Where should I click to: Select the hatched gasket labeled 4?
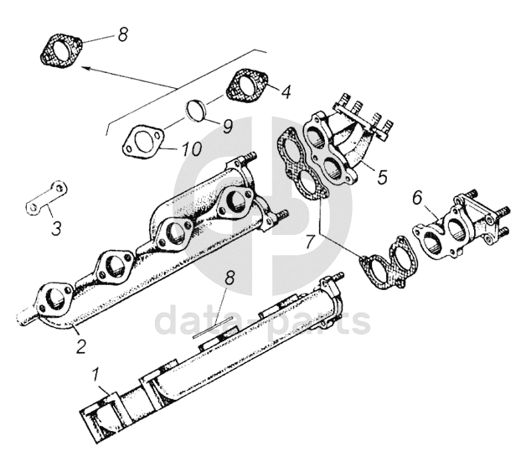(247, 84)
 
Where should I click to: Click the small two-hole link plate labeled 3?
(46, 197)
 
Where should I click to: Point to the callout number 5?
(382, 177)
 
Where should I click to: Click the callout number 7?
(310, 241)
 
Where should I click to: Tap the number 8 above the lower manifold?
(229, 278)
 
